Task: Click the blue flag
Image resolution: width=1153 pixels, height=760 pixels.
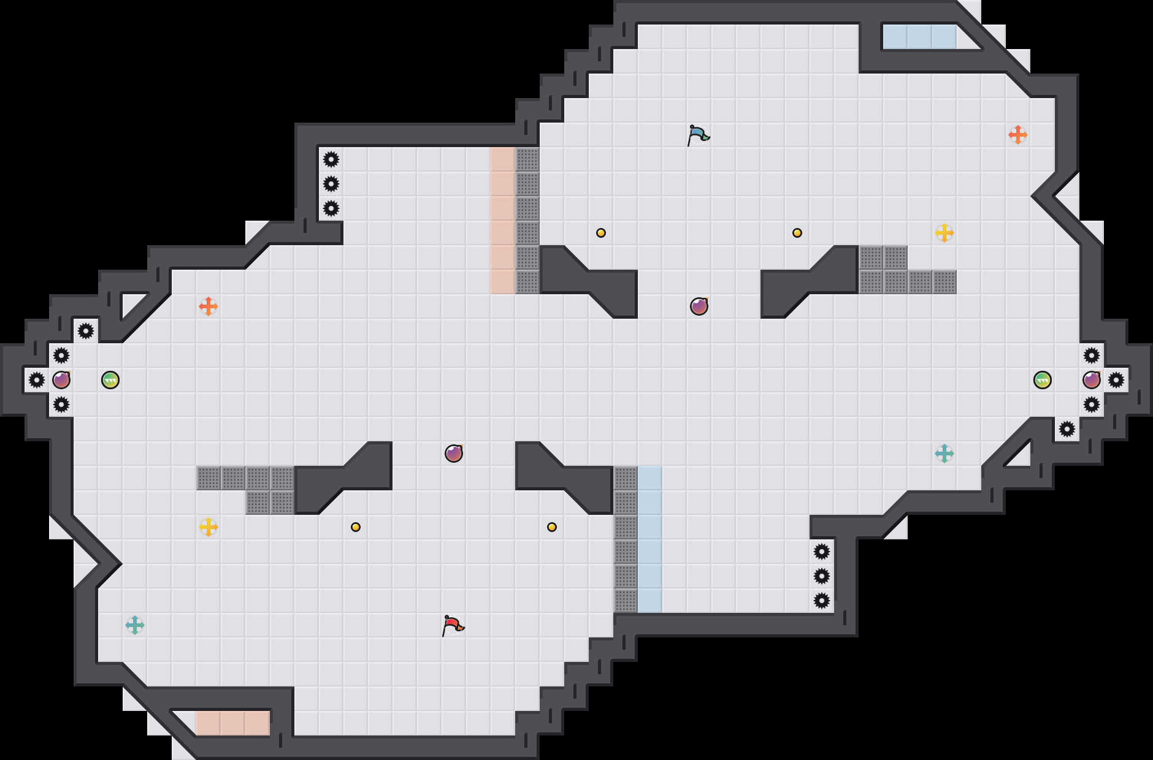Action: click(x=698, y=135)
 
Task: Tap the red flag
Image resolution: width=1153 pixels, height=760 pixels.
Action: click(x=453, y=625)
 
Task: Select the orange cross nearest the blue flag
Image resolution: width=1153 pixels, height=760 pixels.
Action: click(x=1018, y=135)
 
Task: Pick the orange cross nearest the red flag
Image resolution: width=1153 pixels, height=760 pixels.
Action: click(x=209, y=306)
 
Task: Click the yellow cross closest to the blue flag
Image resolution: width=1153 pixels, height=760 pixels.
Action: click(x=944, y=233)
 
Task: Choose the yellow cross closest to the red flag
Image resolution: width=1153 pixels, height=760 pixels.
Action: click(x=209, y=527)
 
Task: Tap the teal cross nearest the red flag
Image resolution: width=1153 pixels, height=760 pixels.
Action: click(x=135, y=625)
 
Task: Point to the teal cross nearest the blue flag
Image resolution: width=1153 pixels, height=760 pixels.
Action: click(x=944, y=454)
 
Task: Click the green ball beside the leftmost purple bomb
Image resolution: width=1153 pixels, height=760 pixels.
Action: click(x=110, y=380)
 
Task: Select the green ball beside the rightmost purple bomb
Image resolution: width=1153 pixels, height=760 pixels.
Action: click(x=1043, y=380)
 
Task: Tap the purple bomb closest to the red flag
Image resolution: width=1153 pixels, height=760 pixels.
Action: click(x=454, y=454)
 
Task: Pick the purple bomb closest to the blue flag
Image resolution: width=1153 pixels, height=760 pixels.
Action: click(x=699, y=306)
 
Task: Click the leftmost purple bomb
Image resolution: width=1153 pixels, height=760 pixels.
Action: click(x=61, y=380)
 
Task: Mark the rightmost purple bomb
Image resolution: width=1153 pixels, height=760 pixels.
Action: click(x=1092, y=380)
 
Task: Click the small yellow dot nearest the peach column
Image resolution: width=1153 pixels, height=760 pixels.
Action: click(x=601, y=233)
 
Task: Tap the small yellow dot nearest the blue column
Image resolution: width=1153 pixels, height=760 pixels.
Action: click(x=552, y=527)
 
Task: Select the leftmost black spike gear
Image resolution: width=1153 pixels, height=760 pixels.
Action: click(x=37, y=380)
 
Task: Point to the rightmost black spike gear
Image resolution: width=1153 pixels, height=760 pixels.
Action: click(x=1116, y=380)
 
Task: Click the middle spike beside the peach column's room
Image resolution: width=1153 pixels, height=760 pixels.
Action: click(x=331, y=184)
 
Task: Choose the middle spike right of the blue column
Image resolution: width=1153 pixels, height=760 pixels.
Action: click(x=822, y=576)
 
